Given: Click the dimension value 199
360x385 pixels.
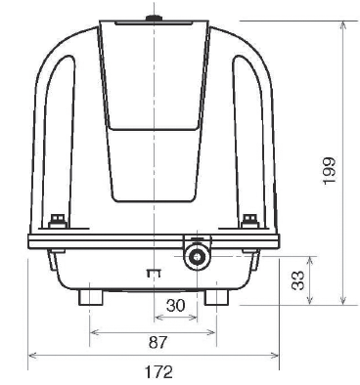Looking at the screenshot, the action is [x=329, y=171].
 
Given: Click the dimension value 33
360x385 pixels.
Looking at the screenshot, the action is [x=297, y=280].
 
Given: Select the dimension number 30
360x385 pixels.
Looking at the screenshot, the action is [x=175, y=306].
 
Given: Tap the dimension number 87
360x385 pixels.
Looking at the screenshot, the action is [x=157, y=343].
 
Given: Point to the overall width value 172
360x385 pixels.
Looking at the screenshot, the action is [x=158, y=372].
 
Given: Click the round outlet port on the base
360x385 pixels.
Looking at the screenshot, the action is [x=197, y=257].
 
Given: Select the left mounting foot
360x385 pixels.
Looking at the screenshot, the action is [x=91, y=297].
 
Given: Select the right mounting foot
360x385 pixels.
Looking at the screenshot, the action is [x=216, y=297].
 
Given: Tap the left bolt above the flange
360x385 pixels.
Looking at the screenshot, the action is [x=58, y=221].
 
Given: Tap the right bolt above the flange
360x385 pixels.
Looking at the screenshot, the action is [x=250, y=221].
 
